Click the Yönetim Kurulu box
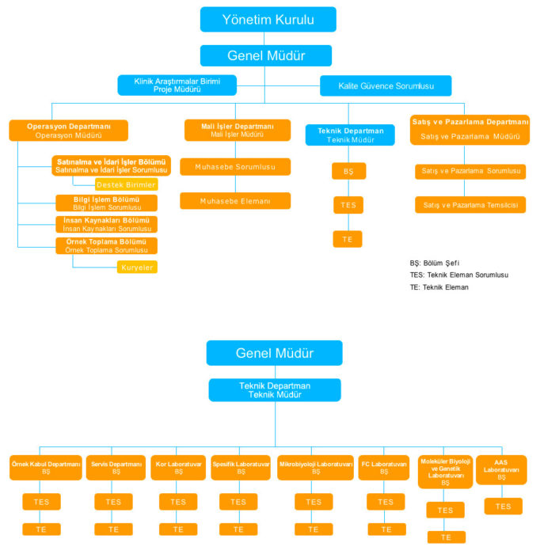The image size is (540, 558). coord(268,19)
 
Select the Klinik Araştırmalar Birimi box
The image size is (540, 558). coord(178,85)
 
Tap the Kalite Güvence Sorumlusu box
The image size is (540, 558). coord(386,85)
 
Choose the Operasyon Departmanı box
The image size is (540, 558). coord(68,131)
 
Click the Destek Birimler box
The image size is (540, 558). coord(126,184)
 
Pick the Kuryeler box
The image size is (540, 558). coord(138,268)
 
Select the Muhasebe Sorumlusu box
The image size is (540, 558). coord(235,167)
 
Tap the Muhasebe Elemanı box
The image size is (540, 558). coord(235,201)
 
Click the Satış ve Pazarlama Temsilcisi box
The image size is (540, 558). coord(470,205)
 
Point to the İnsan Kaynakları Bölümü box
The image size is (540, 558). coord(106,224)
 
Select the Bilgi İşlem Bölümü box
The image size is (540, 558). coord(106,203)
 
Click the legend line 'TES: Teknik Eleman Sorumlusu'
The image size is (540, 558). coord(458,275)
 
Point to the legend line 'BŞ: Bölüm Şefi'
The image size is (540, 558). coord(435,263)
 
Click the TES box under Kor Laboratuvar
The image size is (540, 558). coord(178,502)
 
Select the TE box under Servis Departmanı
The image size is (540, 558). coord(113,529)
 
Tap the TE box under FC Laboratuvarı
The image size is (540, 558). coord(386,529)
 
